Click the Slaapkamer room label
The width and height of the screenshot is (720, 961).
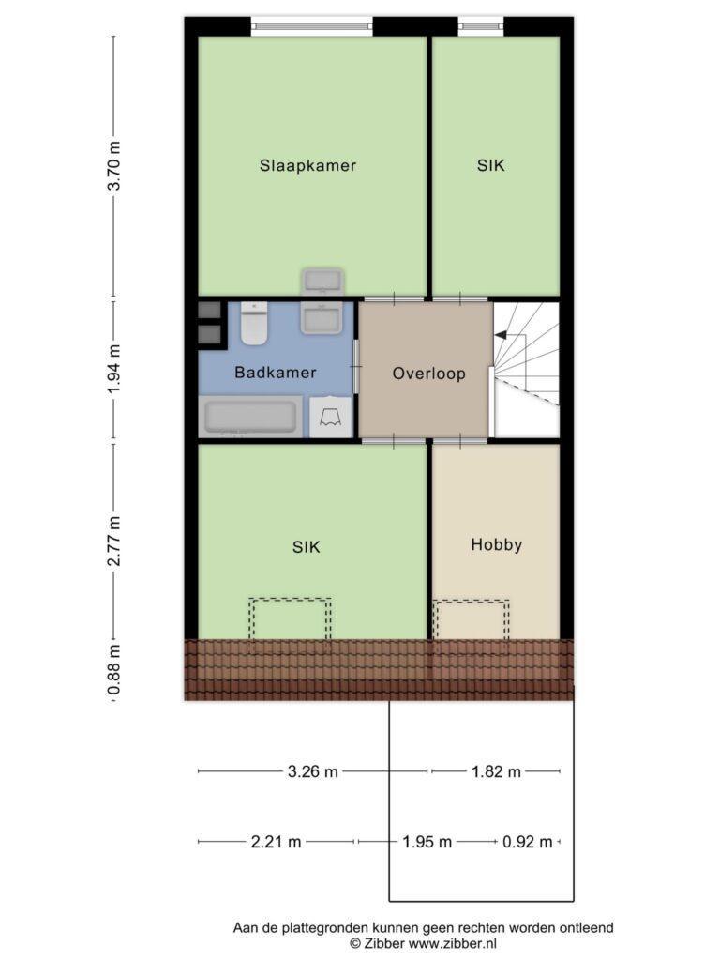pyautogui.click(x=307, y=165)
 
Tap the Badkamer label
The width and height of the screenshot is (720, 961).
pyautogui.click(x=276, y=373)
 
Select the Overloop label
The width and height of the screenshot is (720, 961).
pyautogui.click(x=429, y=374)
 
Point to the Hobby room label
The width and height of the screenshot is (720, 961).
pyautogui.click(x=497, y=545)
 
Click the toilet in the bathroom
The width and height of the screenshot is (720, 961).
pyautogui.click(x=253, y=323)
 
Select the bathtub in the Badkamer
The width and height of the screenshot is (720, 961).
pyautogui.click(x=251, y=417)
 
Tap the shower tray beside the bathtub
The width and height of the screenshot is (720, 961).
pyautogui.click(x=331, y=418)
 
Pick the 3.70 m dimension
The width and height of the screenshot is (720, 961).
pyautogui.click(x=114, y=165)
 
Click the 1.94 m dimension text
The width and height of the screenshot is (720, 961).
pyautogui.click(x=114, y=370)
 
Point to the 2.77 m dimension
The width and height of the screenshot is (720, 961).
pyautogui.click(x=114, y=542)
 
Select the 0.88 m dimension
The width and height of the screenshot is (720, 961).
pyautogui.click(x=114, y=671)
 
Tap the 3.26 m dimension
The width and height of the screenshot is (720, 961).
pyautogui.click(x=313, y=771)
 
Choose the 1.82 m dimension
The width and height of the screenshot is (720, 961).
pyautogui.click(x=496, y=771)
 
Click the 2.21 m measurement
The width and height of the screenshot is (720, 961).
pyautogui.click(x=277, y=842)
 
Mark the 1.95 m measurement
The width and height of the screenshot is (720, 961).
pyautogui.click(x=427, y=842)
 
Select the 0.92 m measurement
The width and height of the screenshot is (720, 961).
pyautogui.click(x=528, y=842)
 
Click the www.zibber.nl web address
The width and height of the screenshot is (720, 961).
pyautogui.click(x=453, y=944)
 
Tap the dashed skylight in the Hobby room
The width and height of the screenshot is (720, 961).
pyautogui.click(x=471, y=619)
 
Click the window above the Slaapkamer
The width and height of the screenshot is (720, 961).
pyautogui.click(x=312, y=26)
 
